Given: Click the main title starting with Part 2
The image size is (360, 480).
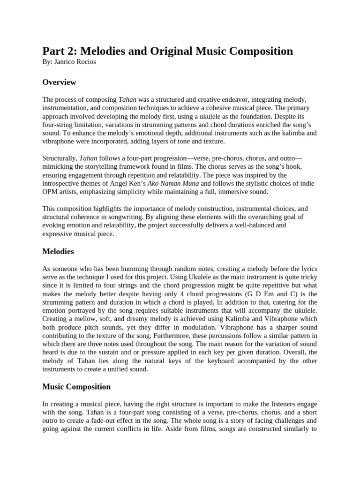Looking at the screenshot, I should pyautogui.click(x=167, y=51).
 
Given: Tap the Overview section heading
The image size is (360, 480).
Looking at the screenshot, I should pyautogui.click(x=59, y=82).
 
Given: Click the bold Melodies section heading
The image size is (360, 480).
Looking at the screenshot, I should pyautogui.click(x=58, y=252).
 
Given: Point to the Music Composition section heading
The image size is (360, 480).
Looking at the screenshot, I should pyautogui.click(x=76, y=387).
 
